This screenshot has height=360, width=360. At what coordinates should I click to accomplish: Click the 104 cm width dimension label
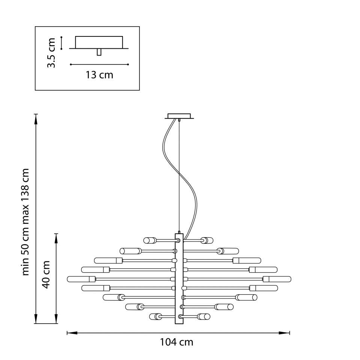[176, 342]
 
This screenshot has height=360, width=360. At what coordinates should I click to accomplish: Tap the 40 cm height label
[46, 274]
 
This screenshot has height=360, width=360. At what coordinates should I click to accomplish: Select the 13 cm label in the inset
[99, 75]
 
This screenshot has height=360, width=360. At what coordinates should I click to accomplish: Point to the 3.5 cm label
[51, 53]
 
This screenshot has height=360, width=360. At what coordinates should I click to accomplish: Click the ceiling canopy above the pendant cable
[179, 116]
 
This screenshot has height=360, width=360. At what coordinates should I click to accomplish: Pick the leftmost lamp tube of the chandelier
[81, 279]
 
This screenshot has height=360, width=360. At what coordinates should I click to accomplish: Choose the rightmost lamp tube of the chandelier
[277, 279]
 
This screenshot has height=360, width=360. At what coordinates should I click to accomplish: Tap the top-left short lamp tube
[150, 240]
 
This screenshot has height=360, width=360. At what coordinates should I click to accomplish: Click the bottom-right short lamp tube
[204, 316]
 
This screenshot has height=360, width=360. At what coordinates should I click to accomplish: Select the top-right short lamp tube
[207, 240]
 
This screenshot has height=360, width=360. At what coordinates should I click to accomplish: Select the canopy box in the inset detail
[99, 42]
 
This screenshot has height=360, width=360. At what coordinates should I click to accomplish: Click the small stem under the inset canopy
[99, 52]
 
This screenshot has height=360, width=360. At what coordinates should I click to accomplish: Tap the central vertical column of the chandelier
[179, 279]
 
